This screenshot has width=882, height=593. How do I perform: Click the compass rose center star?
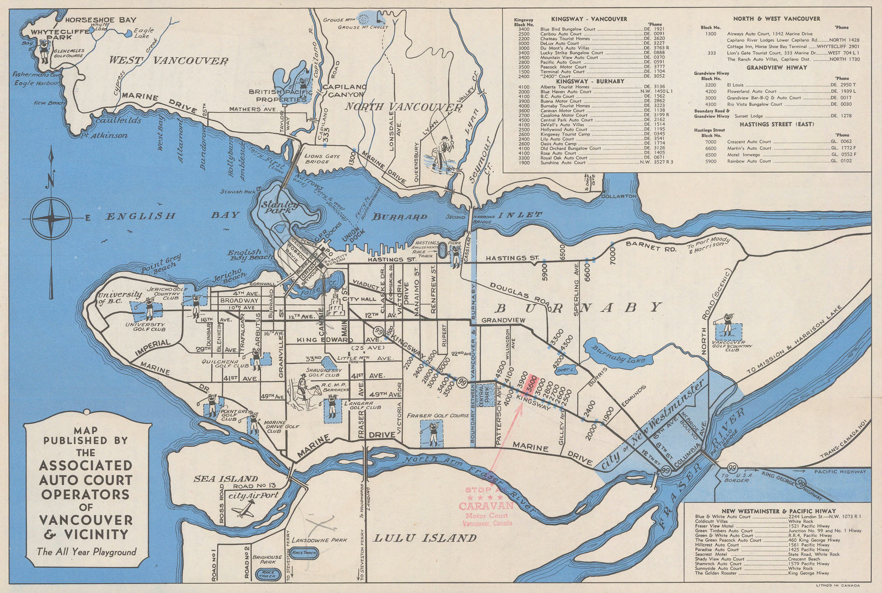[x=51, y=218]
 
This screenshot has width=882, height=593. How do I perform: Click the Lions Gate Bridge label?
[x=318, y=159]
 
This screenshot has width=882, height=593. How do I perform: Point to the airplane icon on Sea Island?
[x=241, y=512]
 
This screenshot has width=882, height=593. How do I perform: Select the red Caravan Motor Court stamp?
[x=488, y=506]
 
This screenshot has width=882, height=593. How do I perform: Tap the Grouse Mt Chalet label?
[x=363, y=27]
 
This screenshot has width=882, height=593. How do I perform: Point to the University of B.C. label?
[x=120, y=297]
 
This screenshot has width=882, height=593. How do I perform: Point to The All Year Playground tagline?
[x=87, y=552]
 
